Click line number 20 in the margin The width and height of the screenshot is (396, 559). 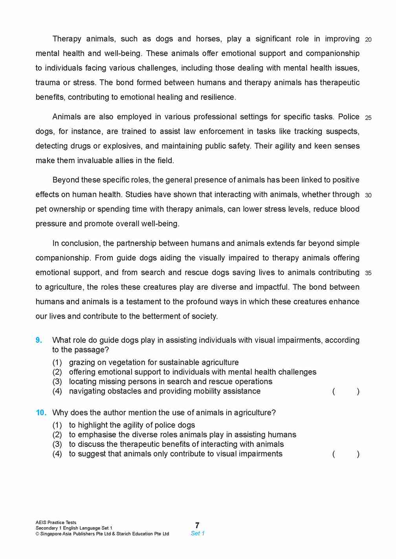point(368,40)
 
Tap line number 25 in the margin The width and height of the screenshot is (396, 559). point(368,118)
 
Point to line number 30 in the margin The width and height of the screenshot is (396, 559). point(368,195)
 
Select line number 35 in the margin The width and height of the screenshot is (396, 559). point(368,273)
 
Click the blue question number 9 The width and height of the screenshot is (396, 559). point(39,340)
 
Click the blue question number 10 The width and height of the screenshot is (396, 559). point(41,413)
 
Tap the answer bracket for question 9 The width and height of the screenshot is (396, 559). point(346,391)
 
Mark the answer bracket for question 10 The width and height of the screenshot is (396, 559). point(346,454)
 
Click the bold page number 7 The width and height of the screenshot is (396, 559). point(197,525)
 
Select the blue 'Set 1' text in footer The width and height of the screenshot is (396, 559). point(198,534)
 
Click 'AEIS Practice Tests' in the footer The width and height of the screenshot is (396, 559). point(56,523)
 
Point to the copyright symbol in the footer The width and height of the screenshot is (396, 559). point(37,534)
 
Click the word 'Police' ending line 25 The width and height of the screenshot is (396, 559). point(348,117)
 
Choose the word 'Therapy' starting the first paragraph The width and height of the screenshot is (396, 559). point(67,39)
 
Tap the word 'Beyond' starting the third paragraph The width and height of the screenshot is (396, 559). point(65,180)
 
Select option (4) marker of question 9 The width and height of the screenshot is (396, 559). point(57,391)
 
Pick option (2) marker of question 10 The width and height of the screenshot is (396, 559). point(57,435)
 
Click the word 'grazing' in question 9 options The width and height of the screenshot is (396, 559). point(82,363)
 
